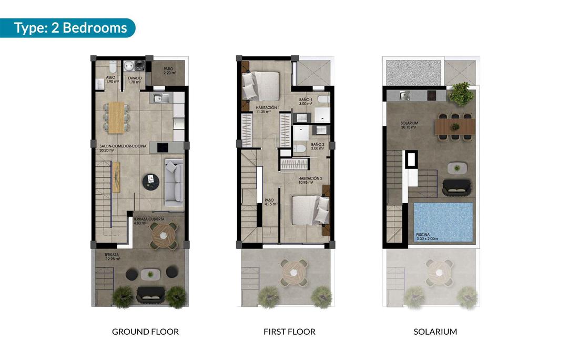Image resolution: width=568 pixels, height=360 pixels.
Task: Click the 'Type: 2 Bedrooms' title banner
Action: click(x=70, y=27)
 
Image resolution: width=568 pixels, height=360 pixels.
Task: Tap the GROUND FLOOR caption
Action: click(x=145, y=332)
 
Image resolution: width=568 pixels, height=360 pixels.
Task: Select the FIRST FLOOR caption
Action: click(x=289, y=332)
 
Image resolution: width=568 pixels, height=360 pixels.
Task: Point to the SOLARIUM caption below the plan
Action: click(x=435, y=332)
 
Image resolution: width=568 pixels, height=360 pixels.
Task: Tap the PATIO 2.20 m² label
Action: click(x=168, y=71)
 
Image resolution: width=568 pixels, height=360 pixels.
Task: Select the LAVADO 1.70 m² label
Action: click(x=134, y=80)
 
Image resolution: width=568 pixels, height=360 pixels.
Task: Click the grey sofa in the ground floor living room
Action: click(x=174, y=182)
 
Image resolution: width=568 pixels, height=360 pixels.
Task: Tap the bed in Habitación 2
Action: click(x=310, y=209)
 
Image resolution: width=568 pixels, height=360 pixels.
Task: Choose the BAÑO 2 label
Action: click(x=318, y=146)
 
